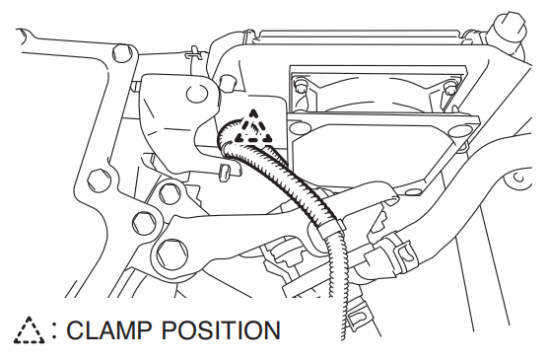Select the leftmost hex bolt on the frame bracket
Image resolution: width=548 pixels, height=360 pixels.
[x=95, y=181]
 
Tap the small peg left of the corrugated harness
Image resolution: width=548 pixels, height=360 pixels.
[x=223, y=173]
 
